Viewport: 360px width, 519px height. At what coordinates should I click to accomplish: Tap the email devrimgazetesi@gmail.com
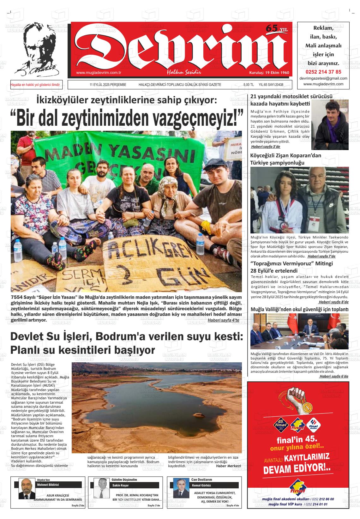323,78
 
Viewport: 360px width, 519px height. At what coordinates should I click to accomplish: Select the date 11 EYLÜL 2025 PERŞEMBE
108,85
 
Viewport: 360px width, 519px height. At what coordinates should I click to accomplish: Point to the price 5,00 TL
249,85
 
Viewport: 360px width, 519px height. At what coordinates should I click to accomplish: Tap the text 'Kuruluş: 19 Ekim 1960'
269,73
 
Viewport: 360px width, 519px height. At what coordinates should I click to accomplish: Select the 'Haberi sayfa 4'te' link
223,320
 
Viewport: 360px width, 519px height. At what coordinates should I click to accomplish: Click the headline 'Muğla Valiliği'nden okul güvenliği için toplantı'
299,309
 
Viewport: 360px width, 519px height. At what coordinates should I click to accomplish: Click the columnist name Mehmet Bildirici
48,485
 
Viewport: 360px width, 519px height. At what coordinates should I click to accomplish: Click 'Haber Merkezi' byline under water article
228,466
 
